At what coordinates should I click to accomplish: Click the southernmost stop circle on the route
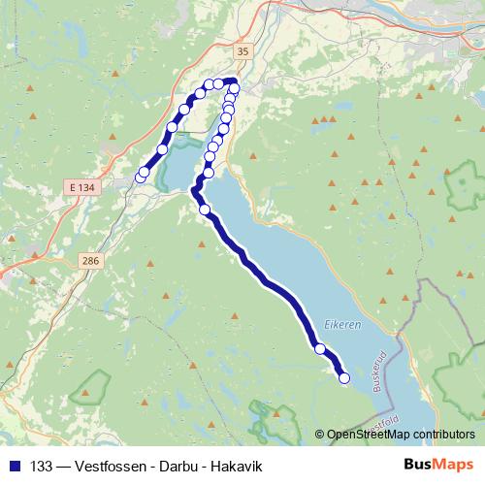tap(343, 378)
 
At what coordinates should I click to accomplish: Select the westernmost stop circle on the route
tap(140, 178)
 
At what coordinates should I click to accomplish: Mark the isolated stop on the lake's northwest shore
tap(205, 210)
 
